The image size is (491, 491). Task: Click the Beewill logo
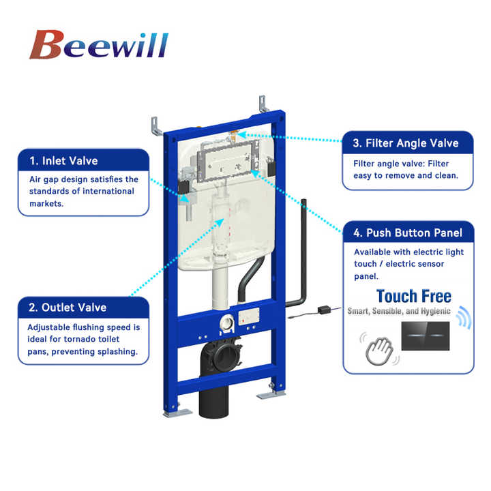click(99, 44)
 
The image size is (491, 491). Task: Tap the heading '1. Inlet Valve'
click(63, 161)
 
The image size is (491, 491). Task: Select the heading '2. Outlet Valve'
click(68, 308)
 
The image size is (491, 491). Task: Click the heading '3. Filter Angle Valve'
click(406, 143)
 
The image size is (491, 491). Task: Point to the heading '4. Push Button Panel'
click(408, 233)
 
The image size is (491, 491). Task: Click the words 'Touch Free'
click(414, 296)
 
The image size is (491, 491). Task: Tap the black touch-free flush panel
click(426, 336)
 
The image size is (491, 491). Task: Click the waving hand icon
click(379, 350)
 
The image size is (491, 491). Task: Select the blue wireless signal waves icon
click(464, 317)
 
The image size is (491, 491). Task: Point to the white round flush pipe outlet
click(227, 323)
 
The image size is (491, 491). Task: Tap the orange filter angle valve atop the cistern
click(233, 135)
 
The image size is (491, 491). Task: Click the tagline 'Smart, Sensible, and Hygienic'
click(399, 311)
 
